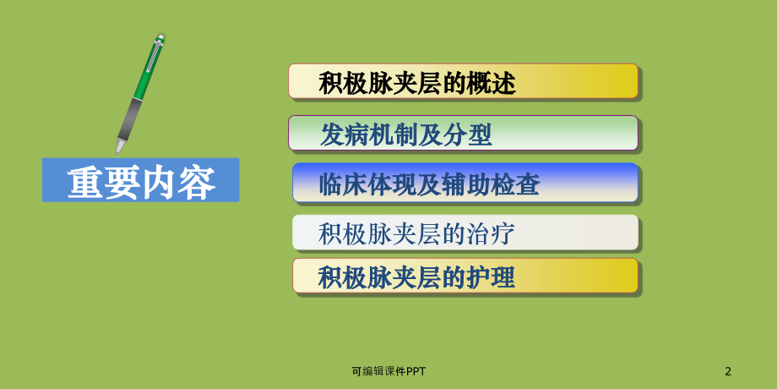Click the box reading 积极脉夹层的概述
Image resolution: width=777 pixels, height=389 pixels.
tap(463, 81)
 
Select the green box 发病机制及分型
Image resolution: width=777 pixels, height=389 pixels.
tap(463, 134)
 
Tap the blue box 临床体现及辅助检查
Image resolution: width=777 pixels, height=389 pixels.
tap(465, 184)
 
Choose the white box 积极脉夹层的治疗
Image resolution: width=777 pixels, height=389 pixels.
tap(465, 233)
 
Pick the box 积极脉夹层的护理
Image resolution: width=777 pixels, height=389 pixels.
tap(465, 277)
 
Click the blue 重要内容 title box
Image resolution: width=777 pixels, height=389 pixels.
tap(140, 180)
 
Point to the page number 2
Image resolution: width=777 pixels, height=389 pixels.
tap(728, 370)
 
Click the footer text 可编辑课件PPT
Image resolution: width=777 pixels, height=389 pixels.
tap(388, 370)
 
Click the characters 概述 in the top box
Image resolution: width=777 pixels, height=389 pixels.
tap(491, 83)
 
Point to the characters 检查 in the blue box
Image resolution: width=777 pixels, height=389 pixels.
tap(515, 184)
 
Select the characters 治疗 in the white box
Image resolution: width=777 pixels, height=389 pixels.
tap(491, 233)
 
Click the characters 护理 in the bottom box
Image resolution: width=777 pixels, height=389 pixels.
tap(491, 277)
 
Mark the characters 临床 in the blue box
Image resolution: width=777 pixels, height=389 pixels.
tap(343, 184)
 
